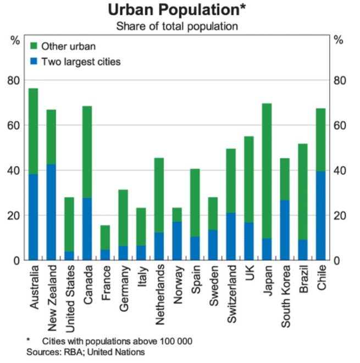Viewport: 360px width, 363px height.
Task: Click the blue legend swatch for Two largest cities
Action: (34, 62)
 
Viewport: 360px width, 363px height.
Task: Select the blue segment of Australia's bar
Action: (33, 217)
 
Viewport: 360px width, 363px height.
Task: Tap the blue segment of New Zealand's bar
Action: (51, 212)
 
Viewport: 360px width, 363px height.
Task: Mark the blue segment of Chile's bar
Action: (321, 215)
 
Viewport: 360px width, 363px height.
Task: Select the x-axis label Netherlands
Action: (159, 291)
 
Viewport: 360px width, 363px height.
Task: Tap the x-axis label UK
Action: (249, 273)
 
